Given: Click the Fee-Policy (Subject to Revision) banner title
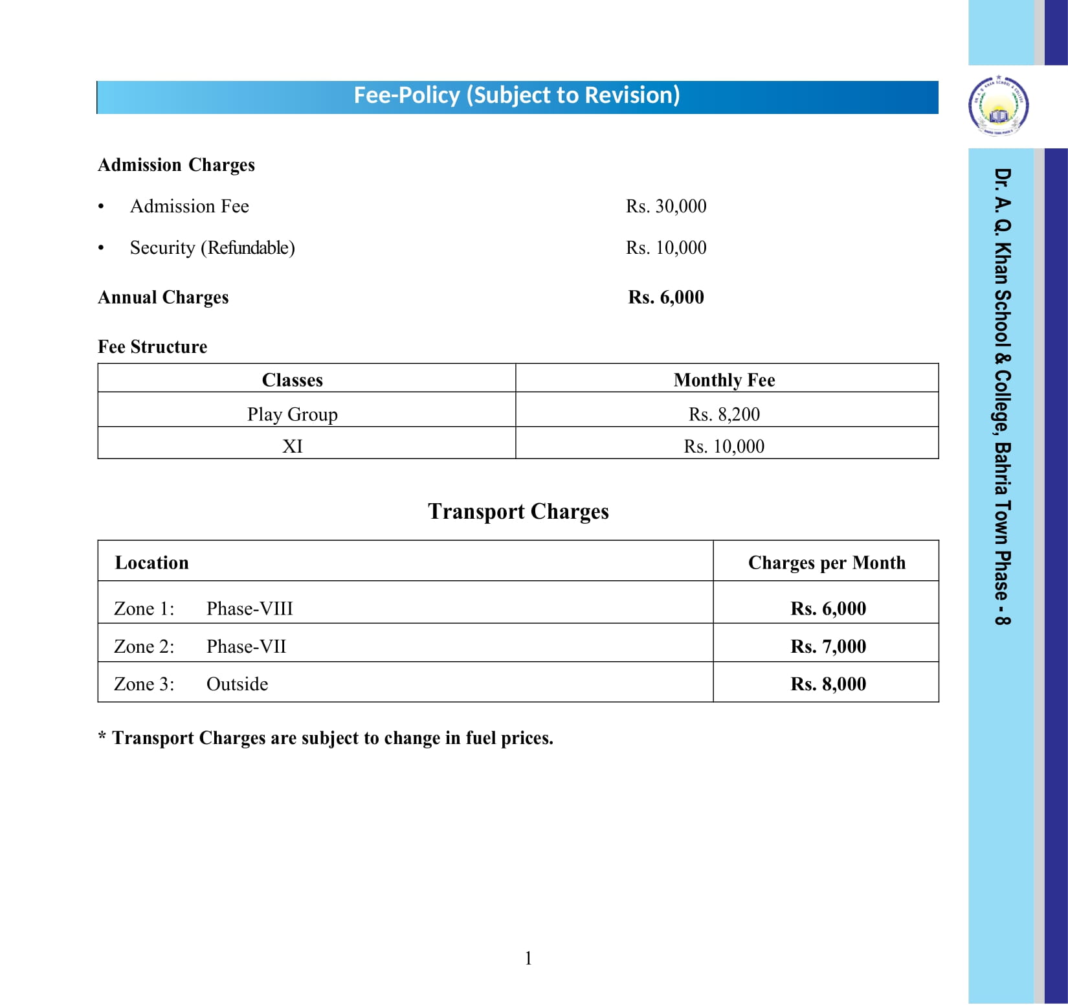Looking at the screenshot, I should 517,96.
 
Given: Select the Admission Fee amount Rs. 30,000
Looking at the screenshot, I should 666,207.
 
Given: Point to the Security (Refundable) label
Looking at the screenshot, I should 212,248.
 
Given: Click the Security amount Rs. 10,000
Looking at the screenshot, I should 666,248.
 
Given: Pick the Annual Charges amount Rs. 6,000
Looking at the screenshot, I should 666,297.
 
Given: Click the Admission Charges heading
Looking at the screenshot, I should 176,165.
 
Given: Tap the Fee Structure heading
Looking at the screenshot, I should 152,347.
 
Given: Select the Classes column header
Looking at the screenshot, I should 293,380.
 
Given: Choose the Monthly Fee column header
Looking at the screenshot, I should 724,380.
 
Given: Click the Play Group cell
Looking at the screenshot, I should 293,414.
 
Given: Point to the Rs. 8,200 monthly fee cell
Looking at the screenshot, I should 724,414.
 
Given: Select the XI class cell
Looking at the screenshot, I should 293,447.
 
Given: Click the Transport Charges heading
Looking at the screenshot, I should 518,512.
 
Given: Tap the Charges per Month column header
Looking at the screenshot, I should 827,563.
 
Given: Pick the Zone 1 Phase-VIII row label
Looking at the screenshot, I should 203,609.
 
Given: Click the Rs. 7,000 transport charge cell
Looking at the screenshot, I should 828,646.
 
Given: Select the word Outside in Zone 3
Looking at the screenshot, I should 237,684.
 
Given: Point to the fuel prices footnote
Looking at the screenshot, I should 326,738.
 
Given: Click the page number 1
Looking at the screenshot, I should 528,958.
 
